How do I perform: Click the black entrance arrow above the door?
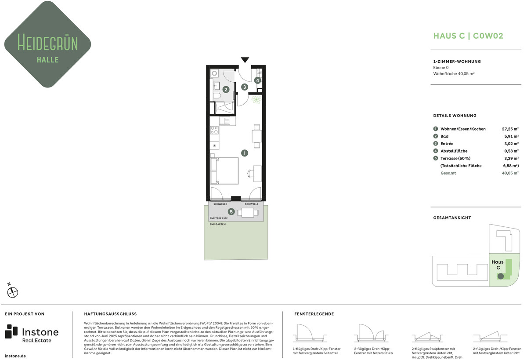245,60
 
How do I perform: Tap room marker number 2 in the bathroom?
226,90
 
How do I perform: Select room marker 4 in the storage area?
258,80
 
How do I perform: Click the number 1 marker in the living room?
245,153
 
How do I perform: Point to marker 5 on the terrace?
231,212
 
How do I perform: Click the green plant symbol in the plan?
256,99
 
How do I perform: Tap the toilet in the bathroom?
217,95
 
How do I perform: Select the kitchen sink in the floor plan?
225,121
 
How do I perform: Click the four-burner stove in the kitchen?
214,130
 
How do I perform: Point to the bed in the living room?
224,171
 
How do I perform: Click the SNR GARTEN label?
218,224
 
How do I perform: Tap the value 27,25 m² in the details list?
510,129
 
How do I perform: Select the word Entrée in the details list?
447,144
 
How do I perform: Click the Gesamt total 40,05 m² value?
510,173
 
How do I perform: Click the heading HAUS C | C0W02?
468,36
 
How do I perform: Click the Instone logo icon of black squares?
11,331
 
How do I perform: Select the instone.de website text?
15,356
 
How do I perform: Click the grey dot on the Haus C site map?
501,276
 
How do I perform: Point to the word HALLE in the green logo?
48,60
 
